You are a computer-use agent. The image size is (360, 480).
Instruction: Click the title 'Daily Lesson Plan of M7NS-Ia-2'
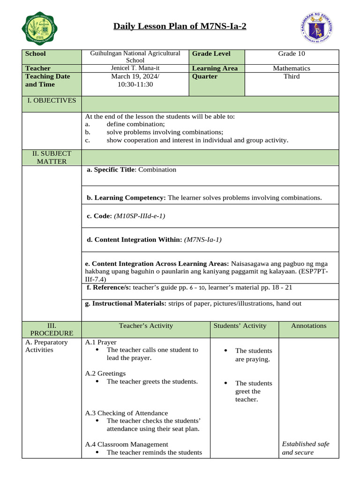pyautogui.click(x=180, y=26)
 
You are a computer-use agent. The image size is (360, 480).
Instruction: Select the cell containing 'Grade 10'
pyautogui.click(x=291, y=53)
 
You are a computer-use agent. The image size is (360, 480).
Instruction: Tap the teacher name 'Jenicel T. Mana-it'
pyautogui.click(x=135, y=68)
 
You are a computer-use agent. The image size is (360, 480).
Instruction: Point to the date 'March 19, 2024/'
pyautogui.click(x=135, y=76)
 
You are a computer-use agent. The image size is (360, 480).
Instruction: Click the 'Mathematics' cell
pyautogui.click(x=291, y=68)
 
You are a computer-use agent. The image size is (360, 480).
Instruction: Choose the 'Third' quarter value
pyautogui.click(x=291, y=76)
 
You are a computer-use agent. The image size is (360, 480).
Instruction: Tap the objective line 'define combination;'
pyautogui.click(x=135, y=124)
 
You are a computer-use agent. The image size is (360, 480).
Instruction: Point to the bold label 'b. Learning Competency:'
pyautogui.click(x=126, y=198)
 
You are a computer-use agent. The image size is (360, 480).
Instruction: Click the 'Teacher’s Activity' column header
pyautogui.click(x=146, y=326)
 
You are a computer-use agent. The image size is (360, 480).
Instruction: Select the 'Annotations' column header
pyautogui.click(x=308, y=326)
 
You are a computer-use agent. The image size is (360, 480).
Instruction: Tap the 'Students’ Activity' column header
pyautogui.click(x=240, y=326)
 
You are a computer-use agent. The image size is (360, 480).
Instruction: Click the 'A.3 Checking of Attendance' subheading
pyautogui.click(x=126, y=413)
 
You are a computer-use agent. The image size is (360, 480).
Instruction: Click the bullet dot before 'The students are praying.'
pyautogui.click(x=225, y=351)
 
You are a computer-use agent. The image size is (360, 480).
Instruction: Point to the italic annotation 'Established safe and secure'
pyautogui.click(x=305, y=448)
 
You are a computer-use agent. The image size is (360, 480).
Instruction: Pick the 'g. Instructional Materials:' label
pyautogui.click(x=125, y=304)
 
